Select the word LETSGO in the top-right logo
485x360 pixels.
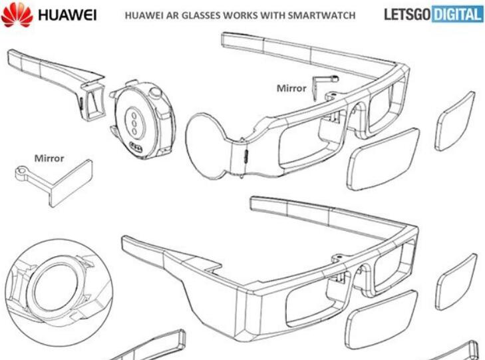coord(406,15)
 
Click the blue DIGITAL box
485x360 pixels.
coord(457,15)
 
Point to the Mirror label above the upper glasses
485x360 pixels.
coord(291,88)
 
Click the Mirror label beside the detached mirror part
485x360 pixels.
coord(49,158)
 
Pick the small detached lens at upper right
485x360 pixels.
coord(455,120)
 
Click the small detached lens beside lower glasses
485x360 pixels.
coord(456,280)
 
